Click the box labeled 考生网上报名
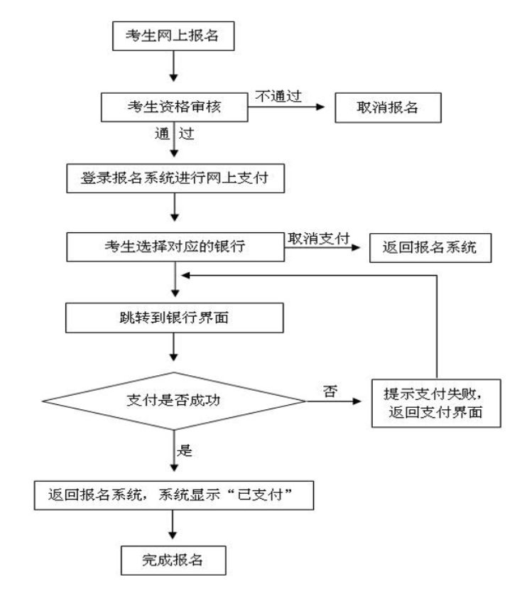pos(173,36)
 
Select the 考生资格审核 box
pos(175,107)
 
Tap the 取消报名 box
pos(388,107)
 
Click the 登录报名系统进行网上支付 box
pos(175,178)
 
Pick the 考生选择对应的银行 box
pos(175,247)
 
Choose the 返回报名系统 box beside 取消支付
pos(430,248)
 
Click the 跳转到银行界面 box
pos(175,318)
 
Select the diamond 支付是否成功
pos(174,401)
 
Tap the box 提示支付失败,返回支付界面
pos(436,403)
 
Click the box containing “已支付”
pos(174,495)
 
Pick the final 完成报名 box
pos(173,561)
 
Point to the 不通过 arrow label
pos(278,96)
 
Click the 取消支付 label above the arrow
pos(318,238)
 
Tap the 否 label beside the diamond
pos(330,391)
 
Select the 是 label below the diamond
pos(185,450)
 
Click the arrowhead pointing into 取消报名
pos(320,107)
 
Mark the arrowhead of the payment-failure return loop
pos(185,276)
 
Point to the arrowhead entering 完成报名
pos(173,535)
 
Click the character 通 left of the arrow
pos(162,134)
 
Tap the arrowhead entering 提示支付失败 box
pos(357,401)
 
